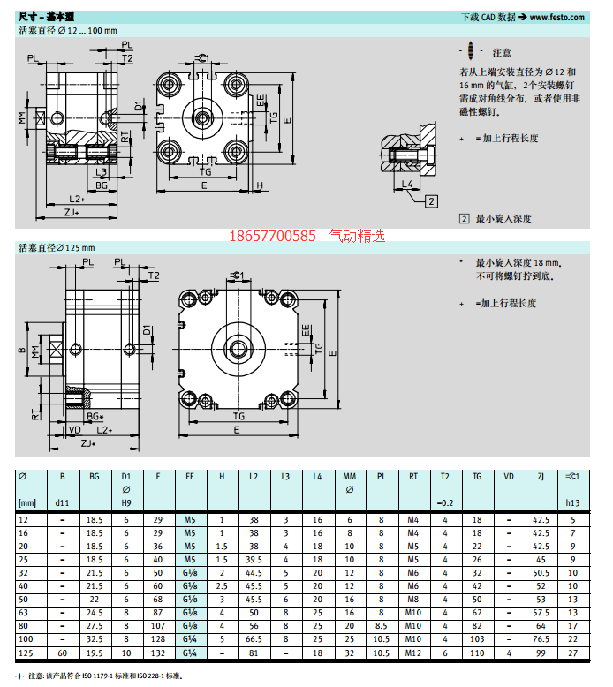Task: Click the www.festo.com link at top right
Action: tap(557, 18)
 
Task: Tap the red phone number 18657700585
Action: tap(272, 236)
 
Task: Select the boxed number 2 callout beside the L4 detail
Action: tap(432, 201)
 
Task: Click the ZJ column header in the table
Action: tap(541, 476)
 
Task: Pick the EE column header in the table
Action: tap(190, 476)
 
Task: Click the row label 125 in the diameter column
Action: tap(26, 653)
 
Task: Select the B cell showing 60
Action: tap(62, 653)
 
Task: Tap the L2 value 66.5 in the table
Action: tap(254, 639)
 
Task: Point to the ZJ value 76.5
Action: tap(541, 639)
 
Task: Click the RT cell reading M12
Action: tap(413, 653)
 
